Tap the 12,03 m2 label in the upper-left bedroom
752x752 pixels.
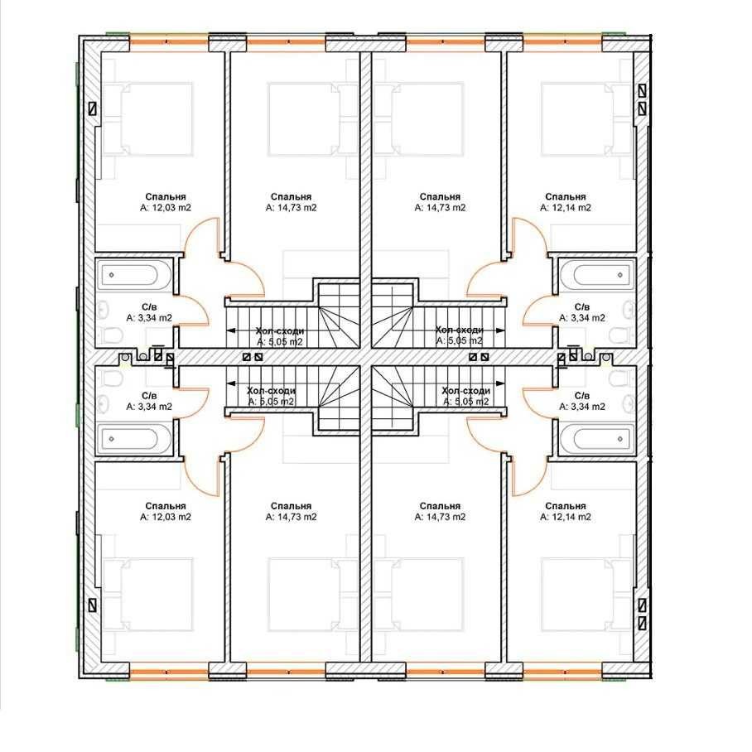pos(166,208)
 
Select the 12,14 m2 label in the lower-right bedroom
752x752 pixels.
pos(566,517)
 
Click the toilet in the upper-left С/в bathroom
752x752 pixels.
pos(113,335)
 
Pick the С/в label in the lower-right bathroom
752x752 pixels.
pos(582,396)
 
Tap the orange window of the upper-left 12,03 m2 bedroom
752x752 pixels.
pos(169,42)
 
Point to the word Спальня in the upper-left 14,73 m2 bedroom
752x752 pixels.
pos(291,196)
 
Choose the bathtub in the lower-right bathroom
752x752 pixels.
pos(596,439)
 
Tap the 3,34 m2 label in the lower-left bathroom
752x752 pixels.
pos(149,407)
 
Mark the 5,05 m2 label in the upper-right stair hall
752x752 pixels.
pos(459,340)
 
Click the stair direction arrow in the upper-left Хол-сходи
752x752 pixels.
pos(268,330)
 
